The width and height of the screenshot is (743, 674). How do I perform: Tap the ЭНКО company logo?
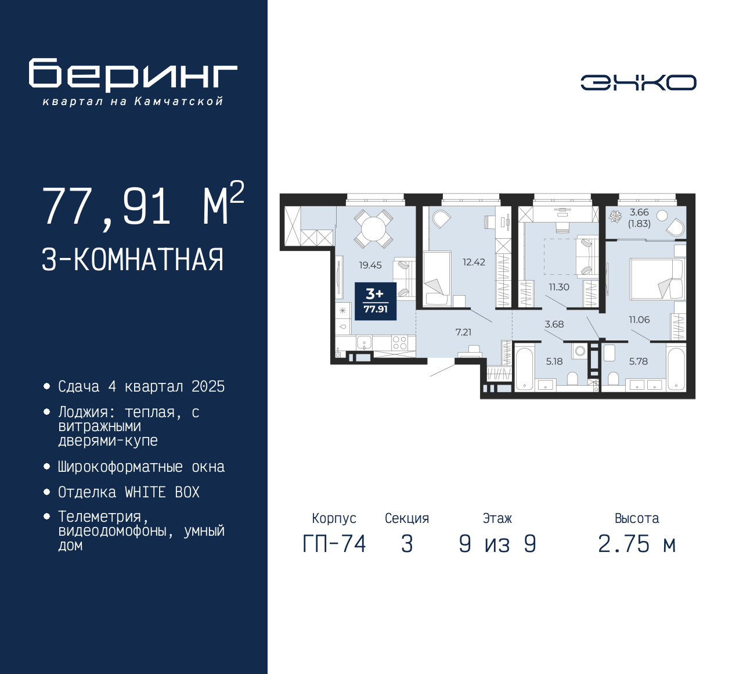tap(638, 83)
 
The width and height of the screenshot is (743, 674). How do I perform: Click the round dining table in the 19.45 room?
tap(373, 228)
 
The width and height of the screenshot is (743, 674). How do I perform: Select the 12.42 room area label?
tap(474, 262)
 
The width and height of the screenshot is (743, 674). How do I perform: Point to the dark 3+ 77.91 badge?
tap(376, 301)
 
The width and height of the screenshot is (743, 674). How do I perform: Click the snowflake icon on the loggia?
tap(615, 217)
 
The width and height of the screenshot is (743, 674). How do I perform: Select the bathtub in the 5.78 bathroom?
tap(676, 368)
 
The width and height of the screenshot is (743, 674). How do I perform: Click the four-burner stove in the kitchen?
tap(399, 343)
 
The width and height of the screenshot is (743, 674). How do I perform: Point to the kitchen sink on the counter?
tap(364, 342)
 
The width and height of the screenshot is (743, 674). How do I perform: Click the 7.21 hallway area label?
tap(463, 332)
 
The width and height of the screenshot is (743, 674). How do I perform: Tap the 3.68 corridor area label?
tap(554, 324)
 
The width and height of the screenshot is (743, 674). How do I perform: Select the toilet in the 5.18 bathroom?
tap(572, 378)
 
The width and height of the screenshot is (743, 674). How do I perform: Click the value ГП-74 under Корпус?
tap(334, 544)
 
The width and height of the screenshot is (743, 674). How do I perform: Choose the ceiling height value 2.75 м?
tap(637, 544)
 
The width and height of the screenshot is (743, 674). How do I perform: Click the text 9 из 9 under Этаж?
tap(497, 544)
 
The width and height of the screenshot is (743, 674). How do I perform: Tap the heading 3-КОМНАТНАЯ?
tap(133, 260)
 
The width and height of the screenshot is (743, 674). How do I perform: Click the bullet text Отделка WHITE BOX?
tap(129, 492)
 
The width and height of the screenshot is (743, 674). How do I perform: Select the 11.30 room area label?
tap(559, 287)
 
